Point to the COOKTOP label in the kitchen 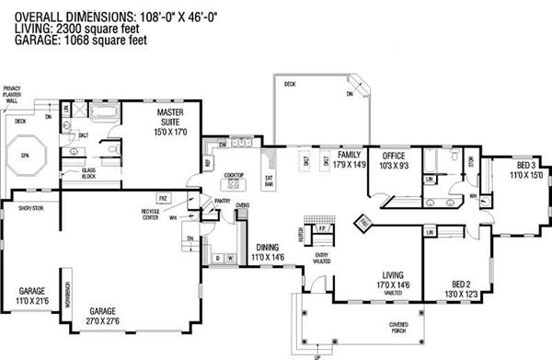(234, 174)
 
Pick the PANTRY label (221, 200)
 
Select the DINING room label (267, 247)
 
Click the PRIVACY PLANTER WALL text (12, 94)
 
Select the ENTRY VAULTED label (321, 257)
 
